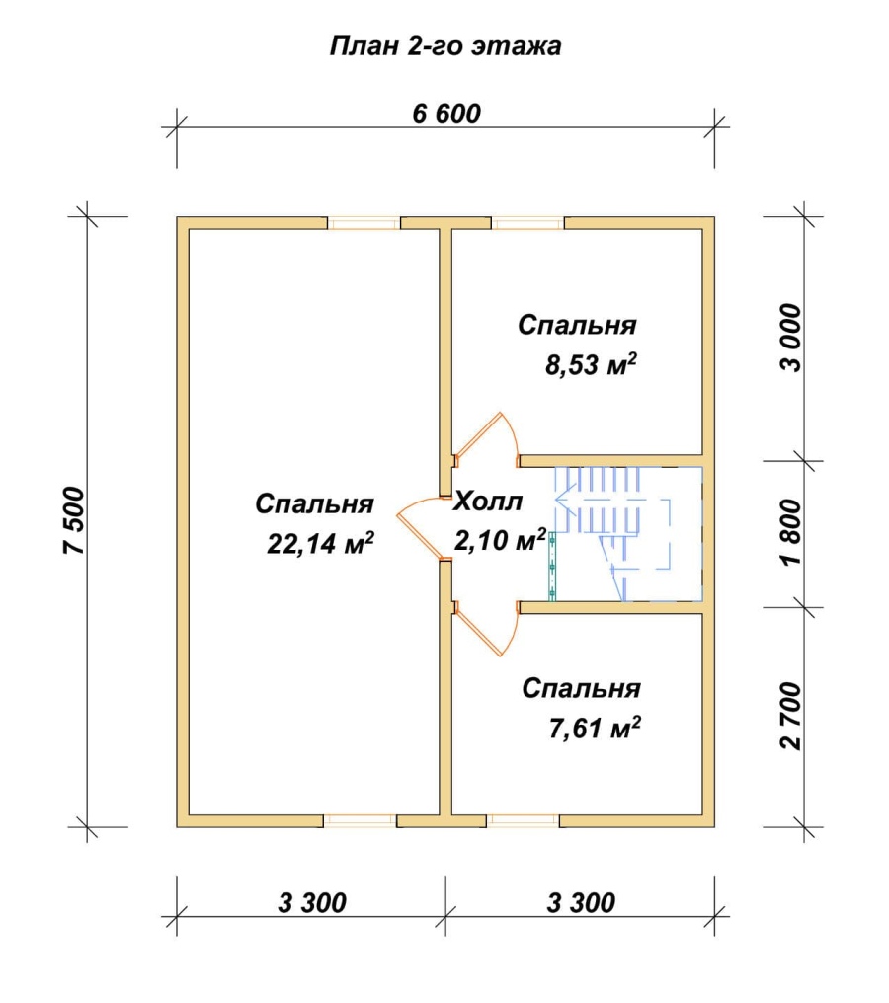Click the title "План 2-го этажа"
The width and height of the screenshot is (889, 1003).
click(445, 46)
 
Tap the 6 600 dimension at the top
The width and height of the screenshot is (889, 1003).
click(446, 114)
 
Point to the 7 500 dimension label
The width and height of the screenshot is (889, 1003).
click(74, 520)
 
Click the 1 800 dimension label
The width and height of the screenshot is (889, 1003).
click(791, 532)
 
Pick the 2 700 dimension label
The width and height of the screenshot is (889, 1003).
click(791, 716)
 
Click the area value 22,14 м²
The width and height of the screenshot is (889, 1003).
click(320, 543)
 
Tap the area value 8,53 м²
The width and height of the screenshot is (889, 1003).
click(591, 364)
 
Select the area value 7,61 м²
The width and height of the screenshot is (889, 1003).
click(595, 728)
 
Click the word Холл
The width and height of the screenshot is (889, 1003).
click(488, 501)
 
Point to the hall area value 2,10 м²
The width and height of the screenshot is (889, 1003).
click(501, 540)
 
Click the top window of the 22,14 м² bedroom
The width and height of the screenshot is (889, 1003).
click(364, 223)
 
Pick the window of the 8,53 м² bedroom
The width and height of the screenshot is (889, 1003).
click(528, 223)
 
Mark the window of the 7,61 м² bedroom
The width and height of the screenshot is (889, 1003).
click(523, 821)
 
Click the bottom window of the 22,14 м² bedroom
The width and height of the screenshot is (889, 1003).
click(361, 821)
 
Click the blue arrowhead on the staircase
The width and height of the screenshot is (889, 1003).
click(563, 499)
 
